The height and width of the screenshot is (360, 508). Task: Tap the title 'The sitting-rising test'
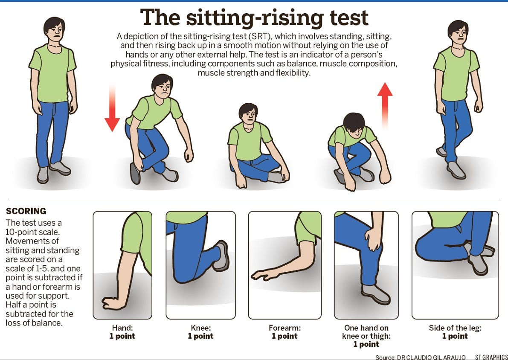coord(254,18)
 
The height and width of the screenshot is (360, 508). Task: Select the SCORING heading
coord(26,212)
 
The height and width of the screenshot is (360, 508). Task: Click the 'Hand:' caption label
coord(122,328)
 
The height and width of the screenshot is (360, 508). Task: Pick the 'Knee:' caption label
coord(200,328)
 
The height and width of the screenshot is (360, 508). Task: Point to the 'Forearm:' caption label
coord(284,328)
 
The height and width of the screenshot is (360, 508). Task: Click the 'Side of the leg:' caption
coord(455,328)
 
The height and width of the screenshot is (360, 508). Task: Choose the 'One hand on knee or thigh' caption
coord(366,332)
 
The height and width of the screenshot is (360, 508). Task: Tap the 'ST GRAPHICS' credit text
coord(491,357)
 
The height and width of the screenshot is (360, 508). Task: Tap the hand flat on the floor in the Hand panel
coord(112,303)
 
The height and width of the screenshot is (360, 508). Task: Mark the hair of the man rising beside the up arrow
coord(354,121)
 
